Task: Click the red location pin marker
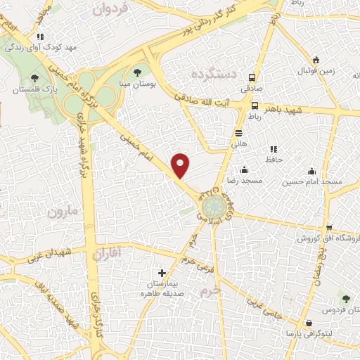coord(181,165)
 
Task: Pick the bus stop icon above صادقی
coord(252,79)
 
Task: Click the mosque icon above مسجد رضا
coord(244,169)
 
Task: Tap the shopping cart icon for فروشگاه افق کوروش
coord(329,227)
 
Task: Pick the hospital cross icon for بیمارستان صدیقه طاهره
coord(162,272)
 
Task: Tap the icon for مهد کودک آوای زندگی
coord(40,37)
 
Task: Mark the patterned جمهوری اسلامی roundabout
coord(220,207)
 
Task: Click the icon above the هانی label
coord(240,131)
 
